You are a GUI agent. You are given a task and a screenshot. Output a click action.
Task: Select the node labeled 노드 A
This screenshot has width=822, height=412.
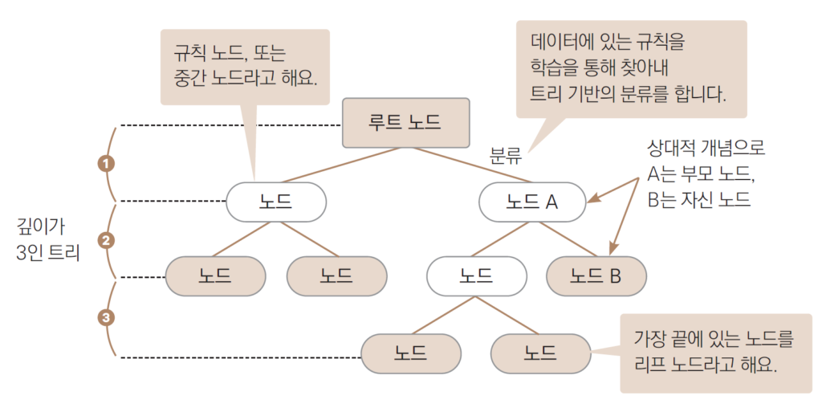[x=532, y=202]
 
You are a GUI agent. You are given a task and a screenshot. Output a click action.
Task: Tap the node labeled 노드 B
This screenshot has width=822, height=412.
[x=596, y=276]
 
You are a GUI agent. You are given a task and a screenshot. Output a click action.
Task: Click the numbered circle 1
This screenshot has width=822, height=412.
[x=106, y=163]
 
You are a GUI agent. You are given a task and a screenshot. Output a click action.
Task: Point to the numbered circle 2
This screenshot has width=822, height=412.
[x=106, y=239]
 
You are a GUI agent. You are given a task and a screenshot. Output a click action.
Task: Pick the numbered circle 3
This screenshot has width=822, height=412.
[x=106, y=317]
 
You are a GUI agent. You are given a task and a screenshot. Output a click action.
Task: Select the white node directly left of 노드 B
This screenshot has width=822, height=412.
[x=476, y=276]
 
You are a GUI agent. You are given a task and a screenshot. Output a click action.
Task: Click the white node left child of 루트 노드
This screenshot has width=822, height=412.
[x=275, y=202]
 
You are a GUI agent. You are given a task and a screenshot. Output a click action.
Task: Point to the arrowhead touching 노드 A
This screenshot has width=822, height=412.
[x=592, y=199]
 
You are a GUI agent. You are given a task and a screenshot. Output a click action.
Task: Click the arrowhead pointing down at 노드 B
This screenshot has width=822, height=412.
[x=614, y=250]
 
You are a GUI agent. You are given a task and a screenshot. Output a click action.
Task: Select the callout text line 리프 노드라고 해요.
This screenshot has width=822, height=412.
[x=706, y=364]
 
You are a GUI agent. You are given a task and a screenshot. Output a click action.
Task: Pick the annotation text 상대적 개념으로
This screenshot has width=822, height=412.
[x=706, y=148]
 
